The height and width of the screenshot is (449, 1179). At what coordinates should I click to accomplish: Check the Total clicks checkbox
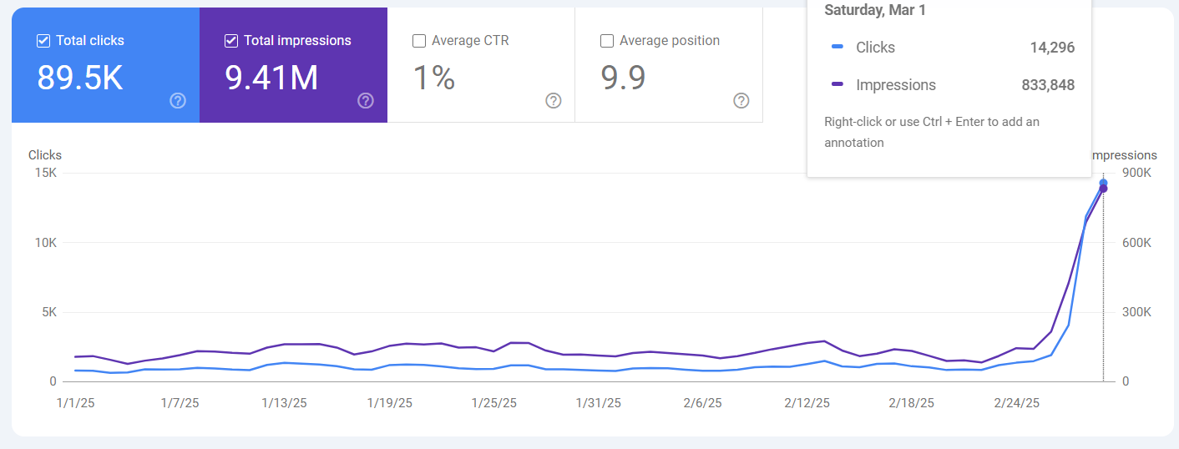tap(43, 41)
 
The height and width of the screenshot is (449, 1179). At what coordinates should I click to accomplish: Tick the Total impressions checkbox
tap(231, 41)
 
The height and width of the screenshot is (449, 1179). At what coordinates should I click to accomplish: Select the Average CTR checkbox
tap(419, 41)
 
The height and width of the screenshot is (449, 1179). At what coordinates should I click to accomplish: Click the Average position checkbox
tap(607, 41)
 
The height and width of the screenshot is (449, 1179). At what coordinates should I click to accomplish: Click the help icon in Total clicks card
tap(178, 101)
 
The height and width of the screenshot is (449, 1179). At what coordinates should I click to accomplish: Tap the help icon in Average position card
tap(741, 101)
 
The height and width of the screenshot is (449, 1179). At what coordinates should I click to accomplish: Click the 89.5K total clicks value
tap(80, 78)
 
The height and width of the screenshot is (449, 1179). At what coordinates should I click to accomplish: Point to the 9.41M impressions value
tap(271, 78)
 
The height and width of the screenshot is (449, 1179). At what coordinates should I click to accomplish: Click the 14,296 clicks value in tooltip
tap(1052, 48)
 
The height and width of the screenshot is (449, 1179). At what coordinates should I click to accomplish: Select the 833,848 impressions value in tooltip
tap(1048, 85)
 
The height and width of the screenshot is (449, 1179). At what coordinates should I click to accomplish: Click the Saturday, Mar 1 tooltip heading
tap(874, 11)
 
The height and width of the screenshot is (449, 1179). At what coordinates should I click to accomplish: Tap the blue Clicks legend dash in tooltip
tap(837, 48)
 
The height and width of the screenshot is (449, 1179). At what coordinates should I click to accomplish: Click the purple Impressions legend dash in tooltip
tap(837, 85)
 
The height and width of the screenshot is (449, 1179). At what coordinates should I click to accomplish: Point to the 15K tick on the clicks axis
tap(45, 173)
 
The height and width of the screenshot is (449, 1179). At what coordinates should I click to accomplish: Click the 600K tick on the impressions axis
tap(1136, 243)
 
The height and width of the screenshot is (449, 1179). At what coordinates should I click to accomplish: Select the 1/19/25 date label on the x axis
tap(390, 403)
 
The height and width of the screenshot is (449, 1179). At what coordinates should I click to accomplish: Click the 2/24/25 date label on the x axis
tap(1016, 403)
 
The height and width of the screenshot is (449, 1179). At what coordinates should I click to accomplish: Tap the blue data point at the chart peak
tap(1103, 183)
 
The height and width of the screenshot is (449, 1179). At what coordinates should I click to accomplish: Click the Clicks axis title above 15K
tap(45, 155)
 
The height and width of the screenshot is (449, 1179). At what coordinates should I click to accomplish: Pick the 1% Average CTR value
tap(434, 78)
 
